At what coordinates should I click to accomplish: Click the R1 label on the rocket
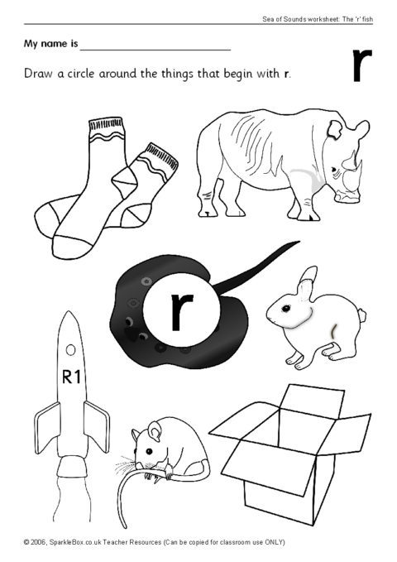coord(71,377)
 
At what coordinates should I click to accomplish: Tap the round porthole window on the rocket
coord(70,349)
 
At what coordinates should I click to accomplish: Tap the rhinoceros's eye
coord(333,170)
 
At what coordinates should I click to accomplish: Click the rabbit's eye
coord(285,308)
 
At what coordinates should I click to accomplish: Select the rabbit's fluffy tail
coord(362,316)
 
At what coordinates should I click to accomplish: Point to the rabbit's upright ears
coord(307,284)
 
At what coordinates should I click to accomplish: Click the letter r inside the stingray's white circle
coord(181,311)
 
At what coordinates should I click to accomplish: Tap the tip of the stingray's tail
coord(299,242)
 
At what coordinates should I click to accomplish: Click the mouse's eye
coord(149,450)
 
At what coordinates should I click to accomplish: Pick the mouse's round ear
coord(155,431)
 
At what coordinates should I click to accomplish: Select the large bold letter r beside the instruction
coord(362,65)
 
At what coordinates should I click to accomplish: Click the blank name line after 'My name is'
coord(155,50)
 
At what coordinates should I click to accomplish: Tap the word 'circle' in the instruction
coord(81,74)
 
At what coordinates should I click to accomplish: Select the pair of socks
coord(107,187)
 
